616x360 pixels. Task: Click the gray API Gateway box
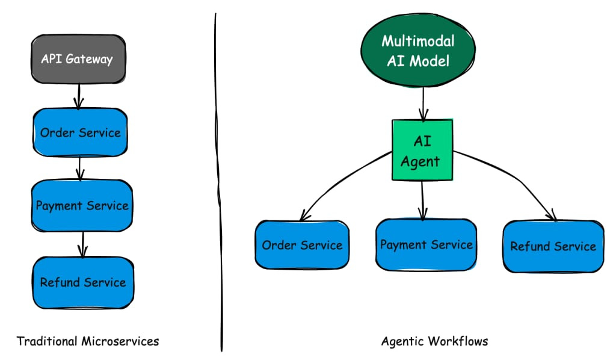[x=79, y=59]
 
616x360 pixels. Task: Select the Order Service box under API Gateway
[x=80, y=132]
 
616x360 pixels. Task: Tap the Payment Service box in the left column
[x=82, y=205]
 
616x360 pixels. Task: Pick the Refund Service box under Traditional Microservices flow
[x=83, y=282]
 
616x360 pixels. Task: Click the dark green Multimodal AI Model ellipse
[x=418, y=51]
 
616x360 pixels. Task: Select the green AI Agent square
[x=422, y=150]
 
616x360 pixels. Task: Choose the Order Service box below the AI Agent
[x=302, y=245]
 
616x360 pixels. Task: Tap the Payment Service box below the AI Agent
[x=427, y=245]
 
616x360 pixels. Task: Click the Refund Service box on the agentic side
[x=553, y=246]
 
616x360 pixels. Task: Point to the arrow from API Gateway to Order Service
[x=79, y=96]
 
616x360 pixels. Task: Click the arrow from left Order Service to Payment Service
[x=80, y=168]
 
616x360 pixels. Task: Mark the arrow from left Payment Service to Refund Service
[x=82, y=244]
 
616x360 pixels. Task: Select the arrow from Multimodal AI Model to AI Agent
[x=423, y=104]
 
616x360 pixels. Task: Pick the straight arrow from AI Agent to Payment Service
[x=422, y=200]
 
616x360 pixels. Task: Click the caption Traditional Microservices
[x=88, y=341]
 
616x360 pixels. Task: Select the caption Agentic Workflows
[x=434, y=341]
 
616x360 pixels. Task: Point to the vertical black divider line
[x=218, y=182]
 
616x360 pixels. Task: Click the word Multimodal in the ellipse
[x=418, y=42]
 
